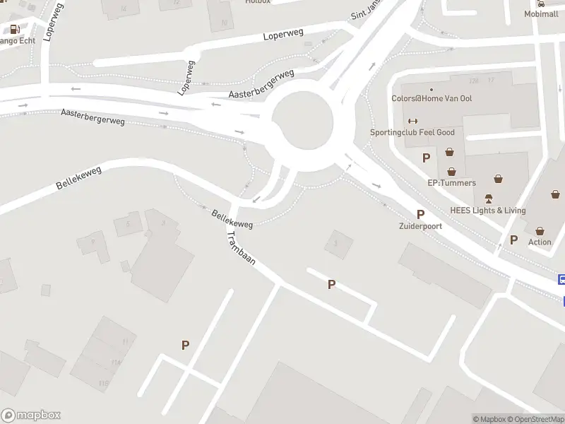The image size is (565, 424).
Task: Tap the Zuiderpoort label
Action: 420,226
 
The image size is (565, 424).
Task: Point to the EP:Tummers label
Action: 451,182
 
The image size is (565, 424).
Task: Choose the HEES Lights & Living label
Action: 487,210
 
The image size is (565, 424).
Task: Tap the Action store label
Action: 540,242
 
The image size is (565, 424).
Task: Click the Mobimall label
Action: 541,14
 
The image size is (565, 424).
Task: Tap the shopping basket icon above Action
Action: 540,231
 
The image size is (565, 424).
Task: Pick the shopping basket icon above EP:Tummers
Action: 451,170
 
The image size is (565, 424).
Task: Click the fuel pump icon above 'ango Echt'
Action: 13,29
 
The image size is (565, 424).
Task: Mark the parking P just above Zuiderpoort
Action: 421,214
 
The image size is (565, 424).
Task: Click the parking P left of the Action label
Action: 513,240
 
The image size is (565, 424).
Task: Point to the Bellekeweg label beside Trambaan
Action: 232,218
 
